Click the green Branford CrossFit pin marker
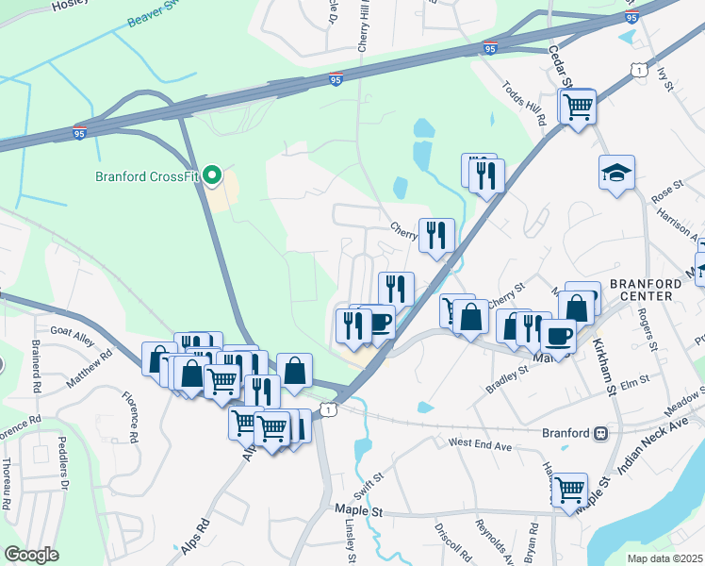point(213,175)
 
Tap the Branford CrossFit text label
point(148,175)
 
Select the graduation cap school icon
point(616,173)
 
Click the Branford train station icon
point(598,433)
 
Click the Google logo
point(31,554)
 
